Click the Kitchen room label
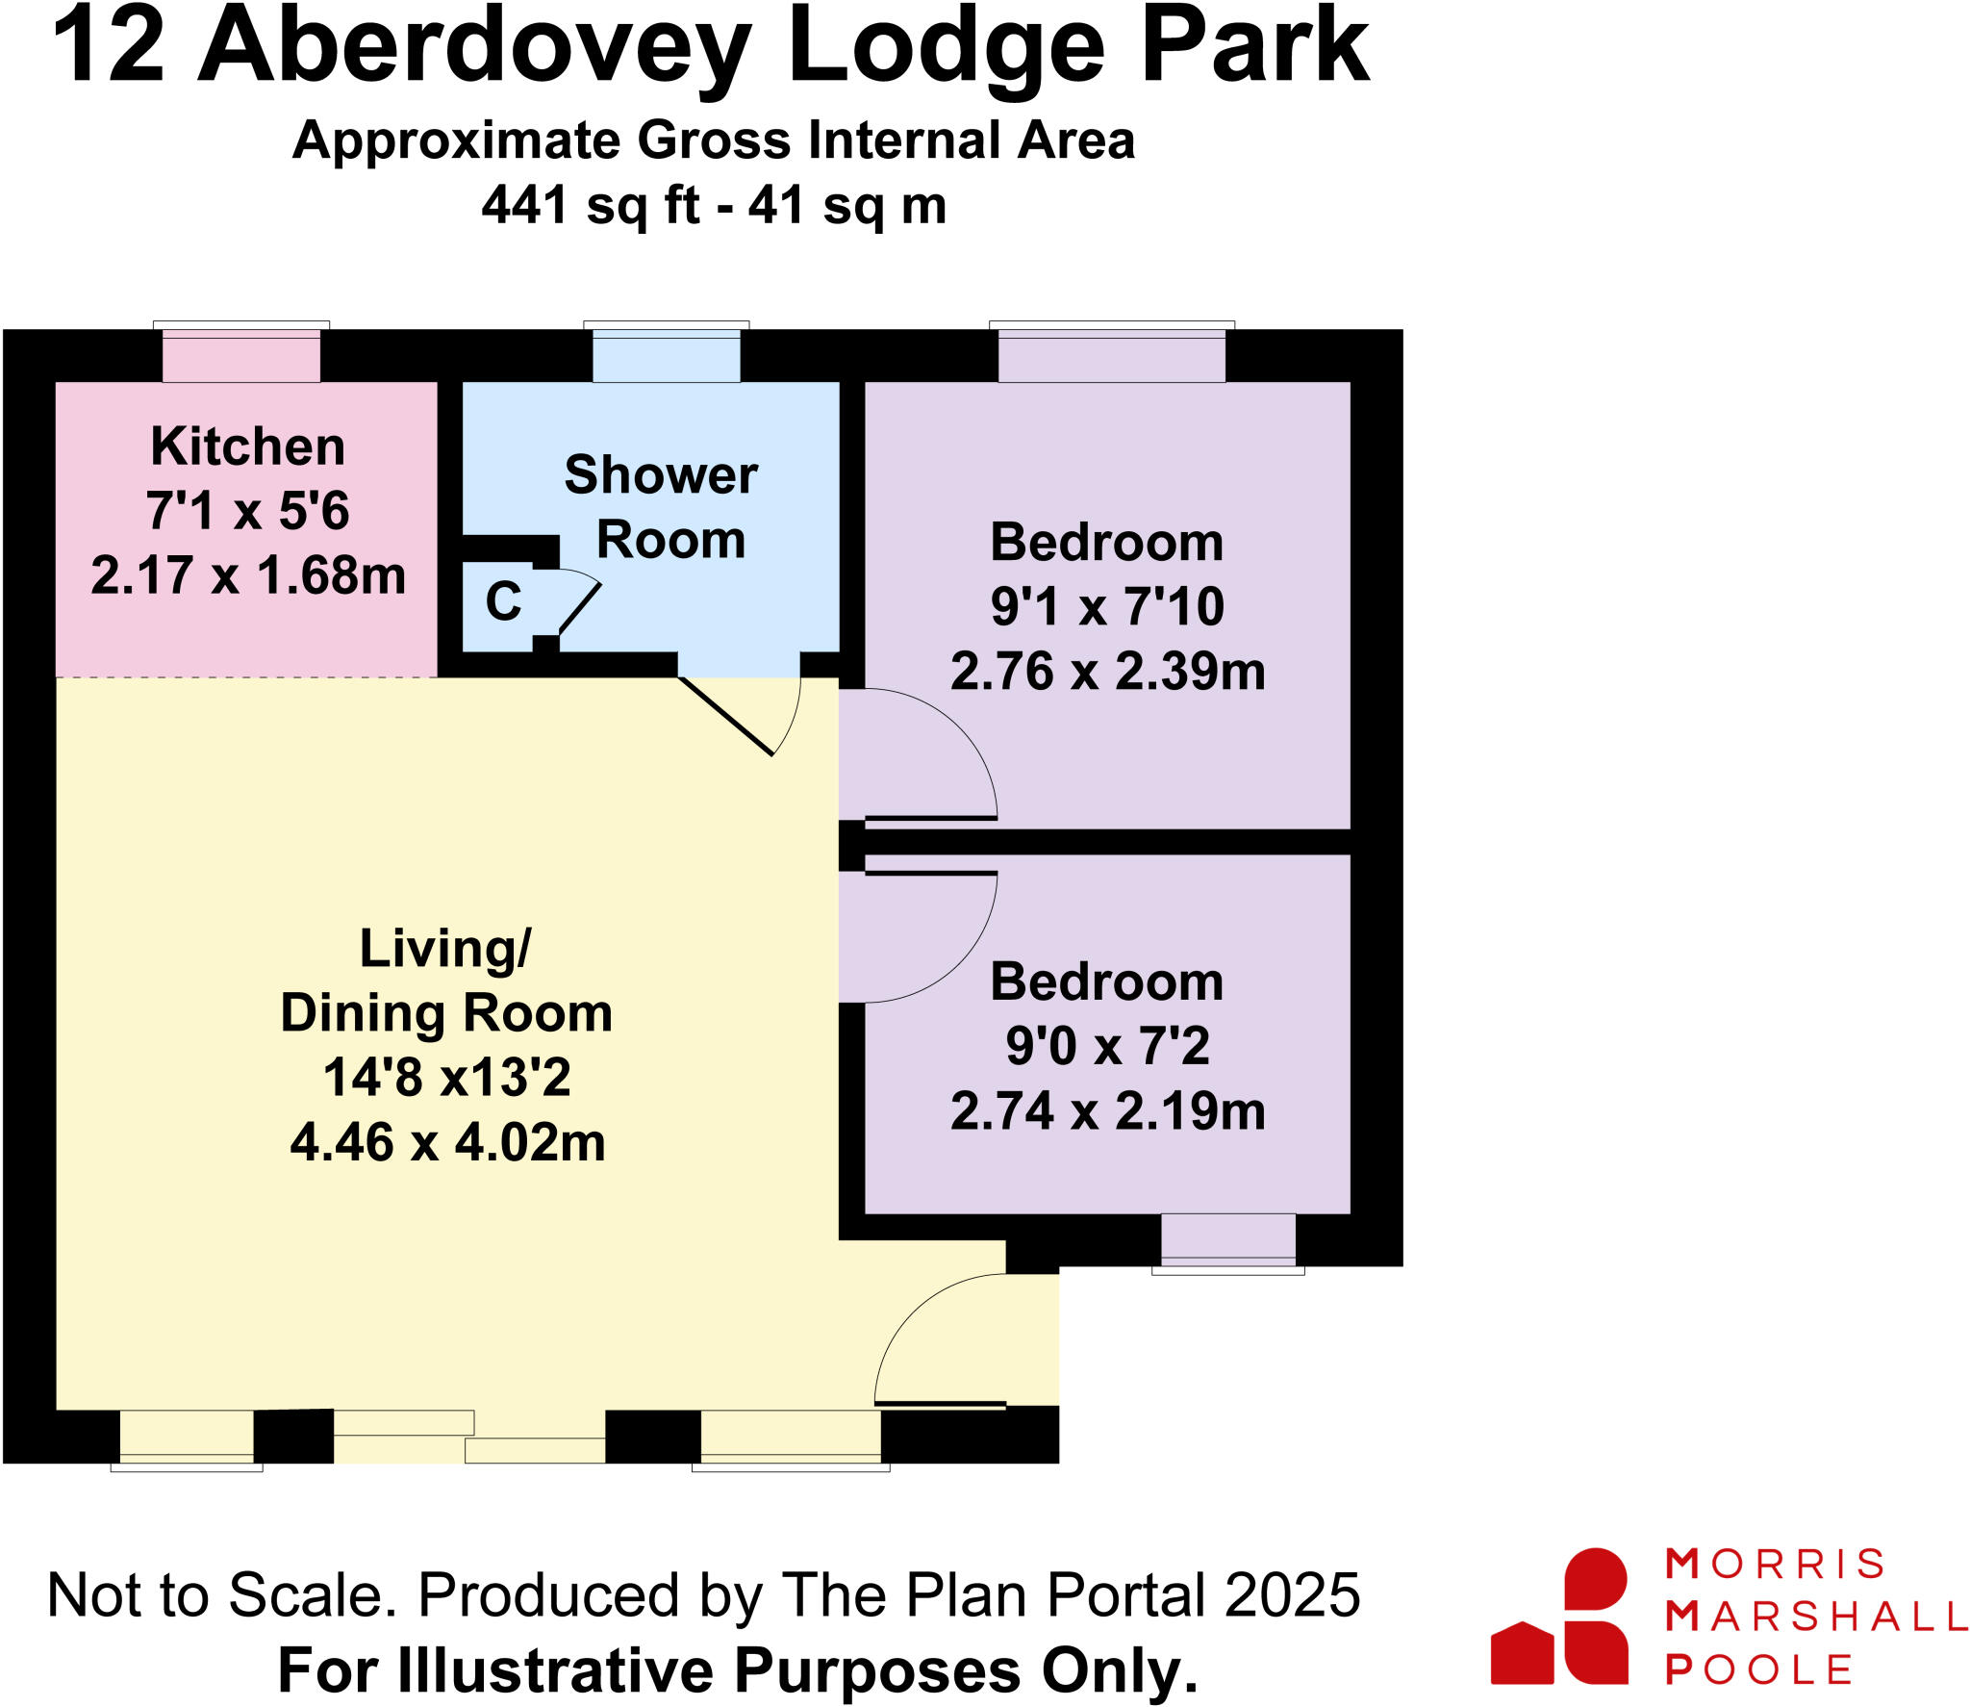(x=247, y=446)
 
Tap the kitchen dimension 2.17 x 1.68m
(x=247, y=575)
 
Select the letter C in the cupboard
(x=503, y=602)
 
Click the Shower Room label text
(x=662, y=507)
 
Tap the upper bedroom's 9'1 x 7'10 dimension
(x=1106, y=607)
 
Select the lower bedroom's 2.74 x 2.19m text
(x=1106, y=1111)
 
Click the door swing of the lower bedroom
(x=923, y=938)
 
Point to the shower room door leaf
(x=725, y=717)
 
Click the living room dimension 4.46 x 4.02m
(x=447, y=1143)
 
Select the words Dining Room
(x=446, y=1013)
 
